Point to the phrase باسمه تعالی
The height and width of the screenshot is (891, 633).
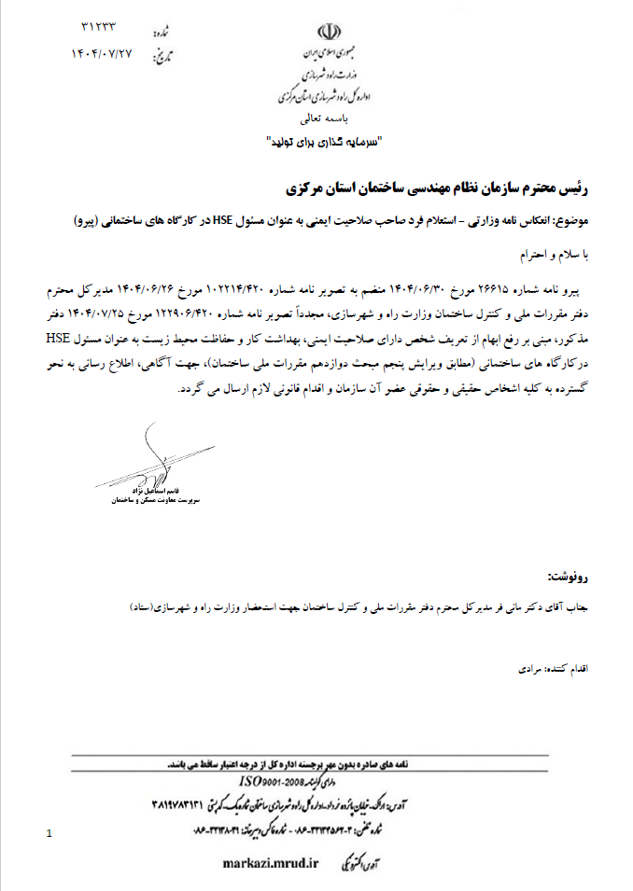321,120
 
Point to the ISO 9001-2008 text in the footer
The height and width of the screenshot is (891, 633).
272,780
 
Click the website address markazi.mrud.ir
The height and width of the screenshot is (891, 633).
272,863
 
